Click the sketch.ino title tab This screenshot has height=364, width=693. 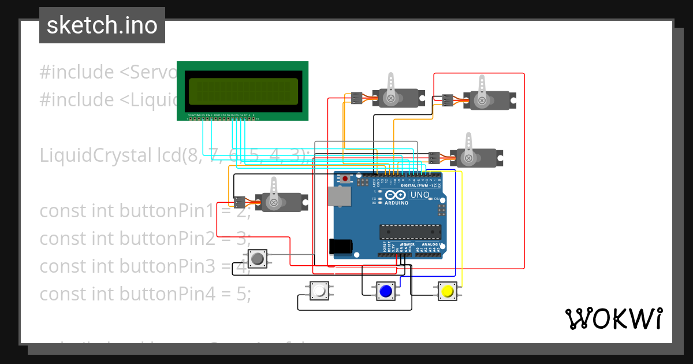[102, 25]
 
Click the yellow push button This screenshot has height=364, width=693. [447, 291]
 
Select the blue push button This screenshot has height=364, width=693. [385, 291]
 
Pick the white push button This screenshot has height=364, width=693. [318, 291]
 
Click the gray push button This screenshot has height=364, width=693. [258, 258]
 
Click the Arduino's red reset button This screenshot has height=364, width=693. [345, 179]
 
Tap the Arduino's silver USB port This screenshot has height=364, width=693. [338, 196]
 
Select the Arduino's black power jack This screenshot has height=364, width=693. [340, 247]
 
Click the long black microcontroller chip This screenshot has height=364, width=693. [410, 232]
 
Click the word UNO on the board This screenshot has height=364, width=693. [420, 195]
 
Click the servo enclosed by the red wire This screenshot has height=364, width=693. [488, 99]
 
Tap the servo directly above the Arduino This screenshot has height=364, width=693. [476, 157]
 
